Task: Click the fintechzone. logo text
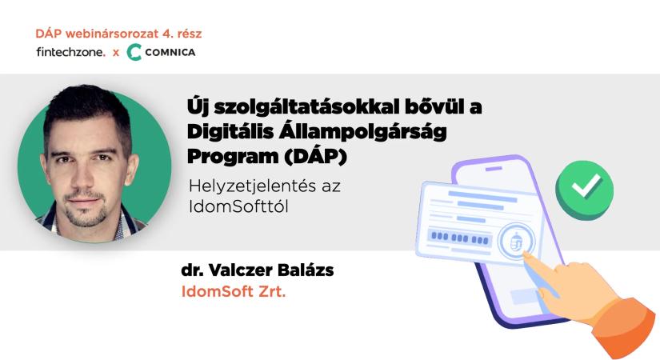tap(70, 53)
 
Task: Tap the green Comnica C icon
tap(134, 53)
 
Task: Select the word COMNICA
tap(172, 53)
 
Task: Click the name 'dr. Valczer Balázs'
tap(258, 270)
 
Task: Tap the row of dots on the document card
tap(460, 237)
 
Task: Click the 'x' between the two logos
tap(115, 53)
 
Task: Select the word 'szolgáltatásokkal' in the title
tap(287, 106)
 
